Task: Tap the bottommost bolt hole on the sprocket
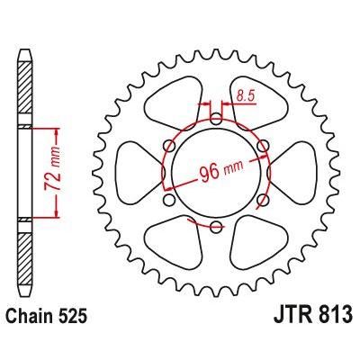click(215, 224)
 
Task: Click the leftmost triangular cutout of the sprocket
click(134, 170)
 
